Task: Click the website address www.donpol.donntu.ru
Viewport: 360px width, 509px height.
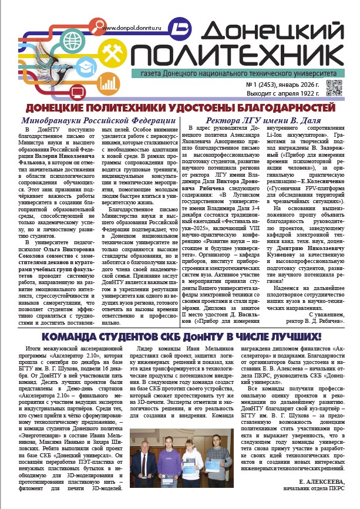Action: click(x=134, y=28)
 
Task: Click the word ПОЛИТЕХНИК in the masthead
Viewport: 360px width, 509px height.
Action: click(x=237, y=56)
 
